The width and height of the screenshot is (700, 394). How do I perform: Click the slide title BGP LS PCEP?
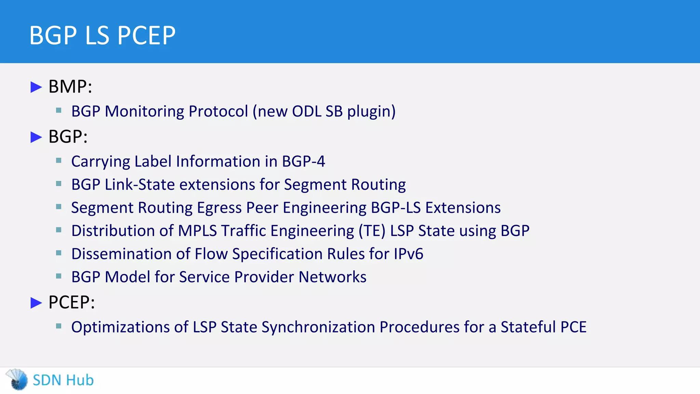coord(102,35)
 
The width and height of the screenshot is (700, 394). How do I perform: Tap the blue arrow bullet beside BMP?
coord(36,87)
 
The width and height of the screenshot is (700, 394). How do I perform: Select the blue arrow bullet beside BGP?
coord(36,137)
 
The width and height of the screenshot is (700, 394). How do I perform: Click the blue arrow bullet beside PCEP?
coord(36,303)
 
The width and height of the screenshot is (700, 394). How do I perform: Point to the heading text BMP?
coord(70,87)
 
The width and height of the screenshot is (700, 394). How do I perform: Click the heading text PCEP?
coord(71,302)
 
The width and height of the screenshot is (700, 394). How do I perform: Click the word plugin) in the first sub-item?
coord(371,111)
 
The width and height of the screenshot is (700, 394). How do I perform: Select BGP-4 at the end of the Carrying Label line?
coord(303,161)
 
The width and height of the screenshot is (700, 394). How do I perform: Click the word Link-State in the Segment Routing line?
coord(140,185)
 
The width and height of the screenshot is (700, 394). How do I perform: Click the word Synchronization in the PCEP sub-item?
coord(318,327)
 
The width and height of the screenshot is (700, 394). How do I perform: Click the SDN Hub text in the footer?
coord(63,380)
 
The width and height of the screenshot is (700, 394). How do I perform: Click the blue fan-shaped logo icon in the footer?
coord(17,379)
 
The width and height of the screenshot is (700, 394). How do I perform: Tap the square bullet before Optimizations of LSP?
coord(59,326)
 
